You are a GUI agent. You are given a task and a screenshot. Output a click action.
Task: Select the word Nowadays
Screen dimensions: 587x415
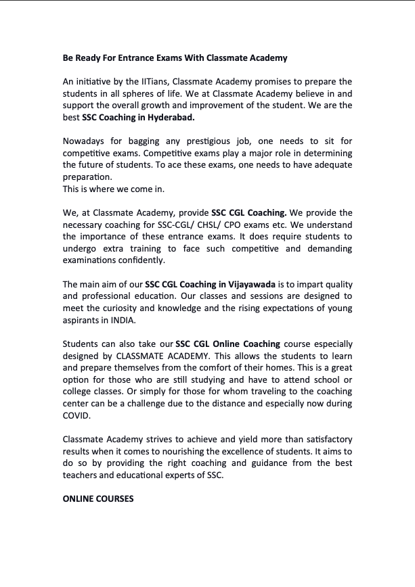(85, 141)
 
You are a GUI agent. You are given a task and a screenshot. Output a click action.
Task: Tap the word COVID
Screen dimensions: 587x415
(76, 415)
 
